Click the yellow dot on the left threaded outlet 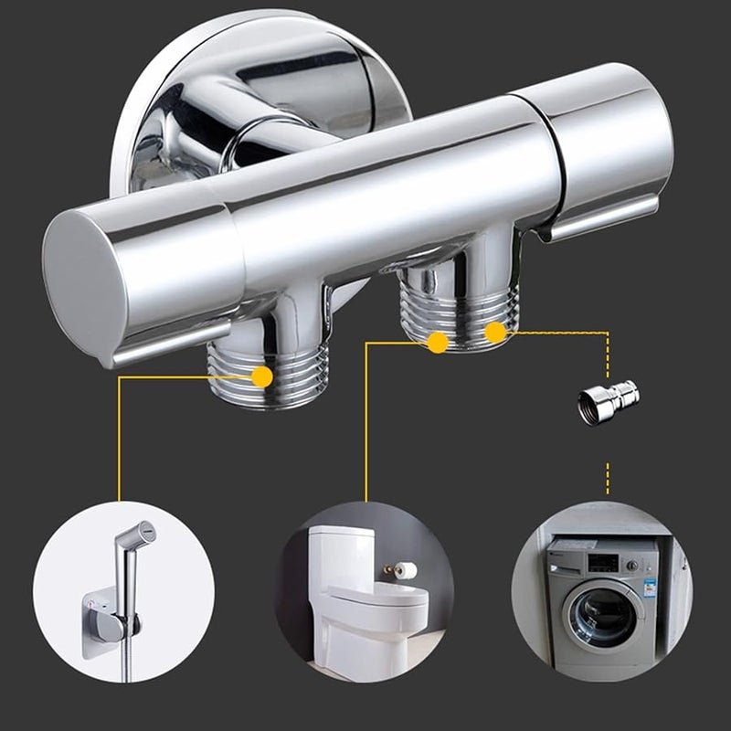(262, 376)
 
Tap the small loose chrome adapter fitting (607, 401)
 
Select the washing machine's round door (602, 617)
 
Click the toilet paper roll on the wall (406, 570)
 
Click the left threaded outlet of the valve (239, 375)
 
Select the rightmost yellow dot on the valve (495, 332)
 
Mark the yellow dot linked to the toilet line (438, 343)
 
